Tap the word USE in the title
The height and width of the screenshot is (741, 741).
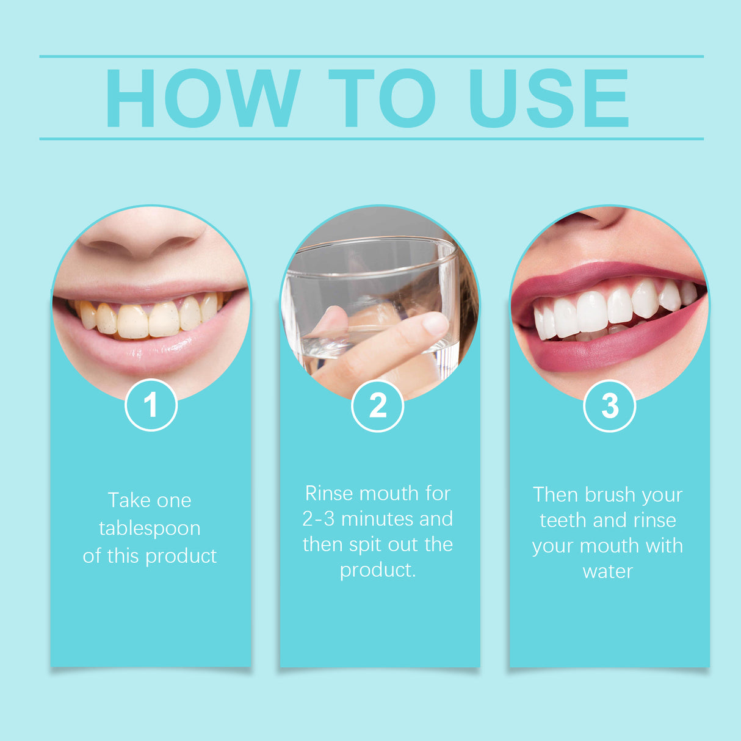point(548,98)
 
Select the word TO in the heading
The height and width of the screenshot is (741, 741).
point(382,98)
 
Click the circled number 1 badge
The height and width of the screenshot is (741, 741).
point(151,405)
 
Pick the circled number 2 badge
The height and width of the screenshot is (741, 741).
point(378,406)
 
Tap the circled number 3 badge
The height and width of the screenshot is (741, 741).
point(609,406)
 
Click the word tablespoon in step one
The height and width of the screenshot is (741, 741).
point(150,528)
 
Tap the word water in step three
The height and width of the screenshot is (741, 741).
point(607,572)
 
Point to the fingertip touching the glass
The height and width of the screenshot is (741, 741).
point(434,324)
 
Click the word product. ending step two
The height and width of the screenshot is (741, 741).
point(378,570)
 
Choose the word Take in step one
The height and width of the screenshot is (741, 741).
point(128,501)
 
